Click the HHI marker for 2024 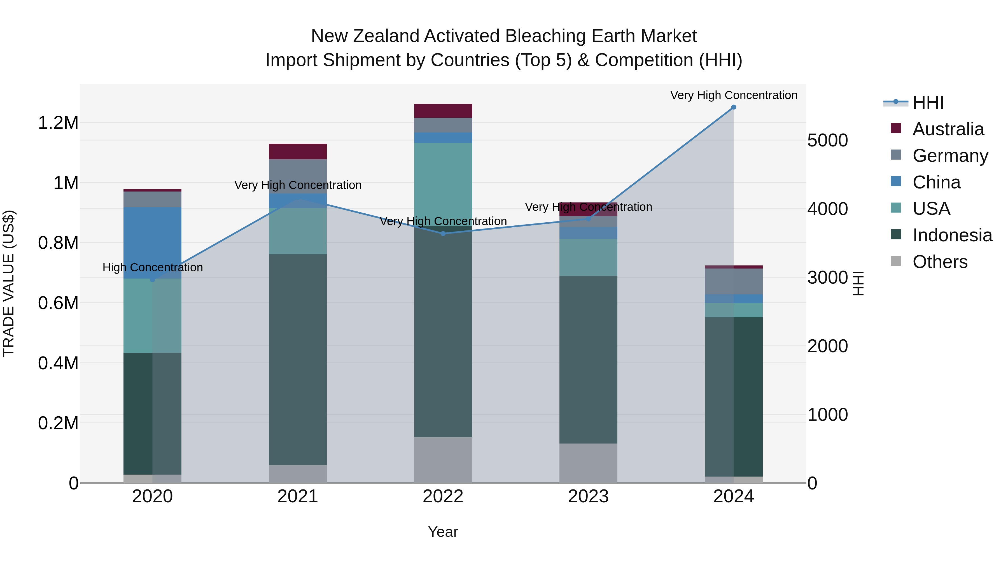click(x=734, y=107)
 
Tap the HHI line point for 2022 click(x=443, y=234)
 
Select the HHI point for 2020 click(x=153, y=280)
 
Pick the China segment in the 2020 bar click(x=153, y=242)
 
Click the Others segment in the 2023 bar click(x=588, y=463)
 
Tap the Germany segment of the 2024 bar click(x=734, y=281)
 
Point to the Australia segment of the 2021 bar click(x=298, y=151)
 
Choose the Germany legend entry click(x=950, y=156)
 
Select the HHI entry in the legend click(x=928, y=102)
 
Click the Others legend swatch click(x=896, y=261)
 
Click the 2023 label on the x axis click(x=588, y=496)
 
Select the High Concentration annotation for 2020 click(x=153, y=268)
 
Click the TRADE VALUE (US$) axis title click(x=9, y=283)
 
